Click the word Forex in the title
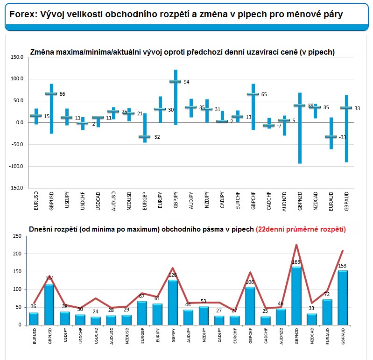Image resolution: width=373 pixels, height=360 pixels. (21, 14)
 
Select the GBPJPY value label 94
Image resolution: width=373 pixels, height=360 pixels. (186, 82)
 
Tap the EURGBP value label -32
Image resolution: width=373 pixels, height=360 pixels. (156, 137)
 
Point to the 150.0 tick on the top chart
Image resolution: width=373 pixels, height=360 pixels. (16, 57)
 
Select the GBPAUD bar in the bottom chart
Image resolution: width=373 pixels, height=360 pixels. (343, 297)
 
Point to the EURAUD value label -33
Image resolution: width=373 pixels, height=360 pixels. (342, 137)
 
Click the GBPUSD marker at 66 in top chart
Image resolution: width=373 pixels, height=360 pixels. (51, 94)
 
